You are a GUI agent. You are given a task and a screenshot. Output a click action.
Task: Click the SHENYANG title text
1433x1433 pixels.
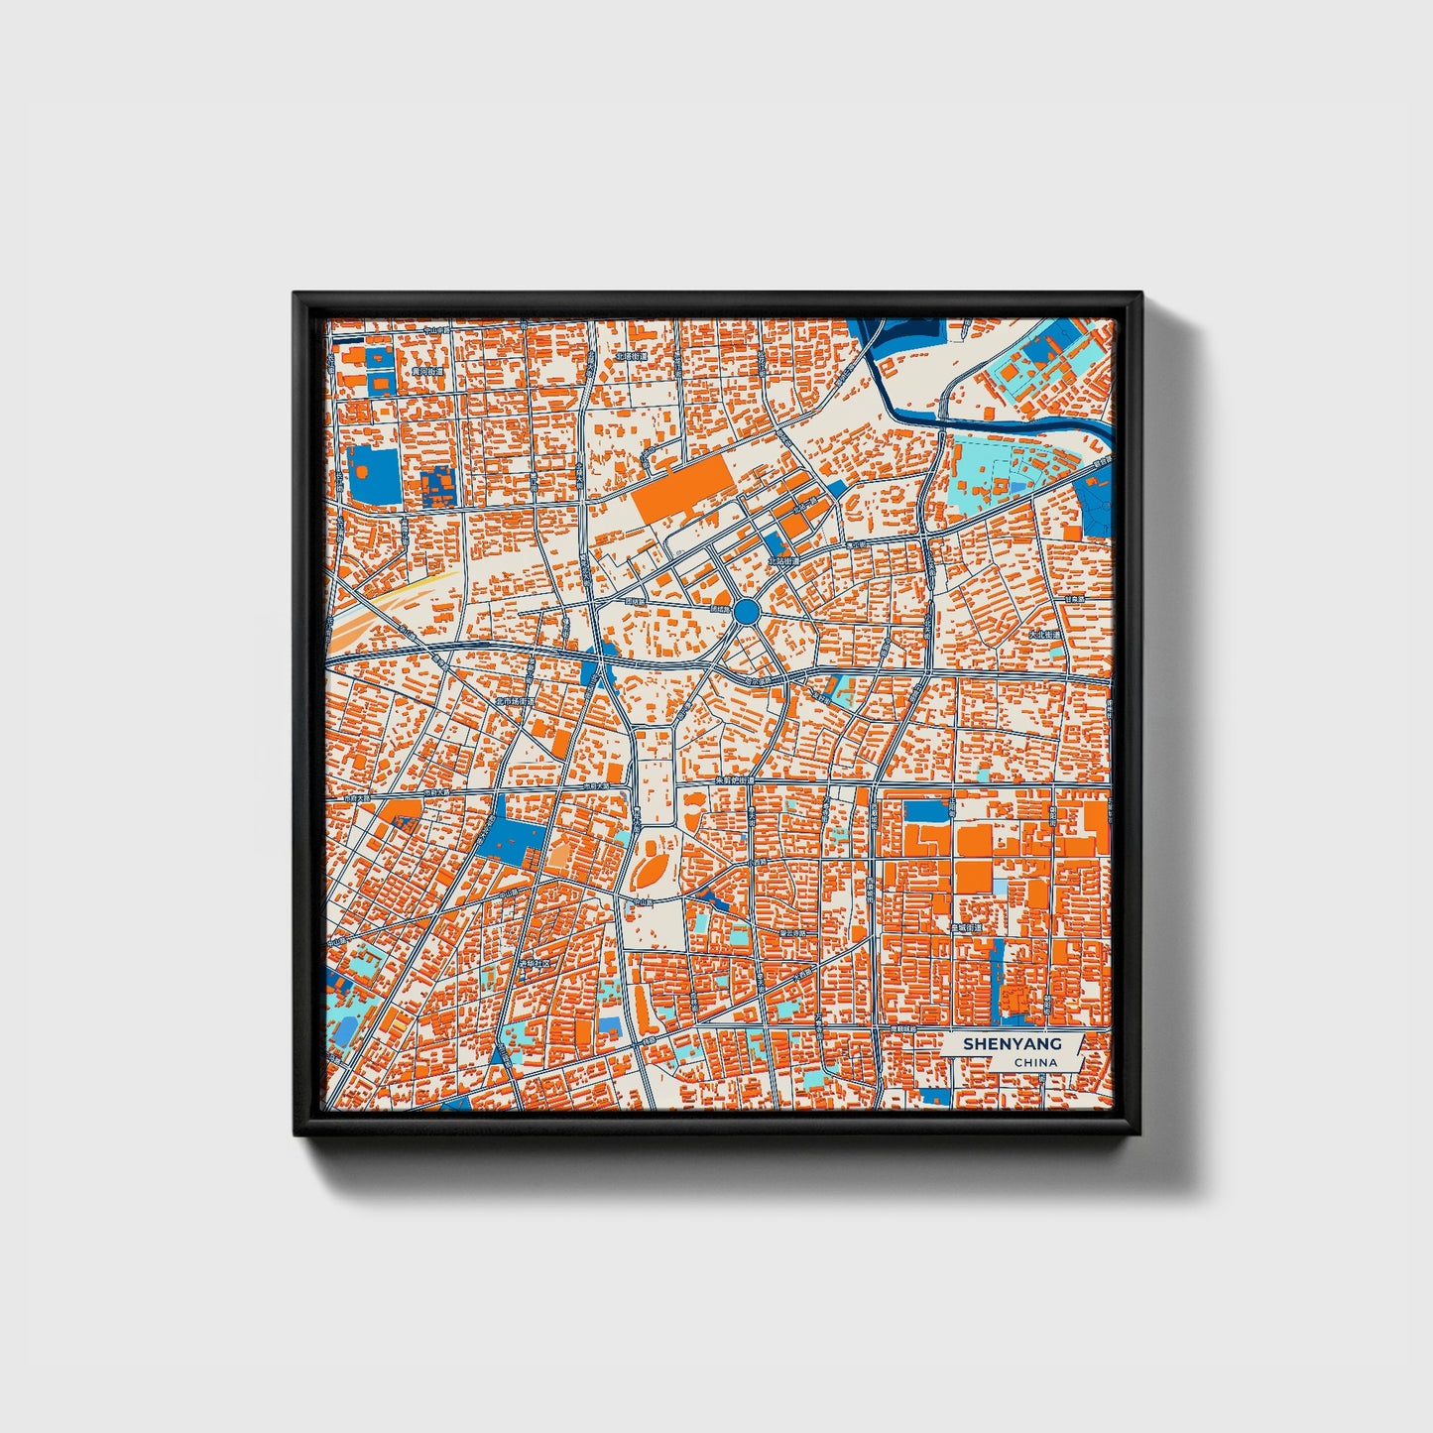point(1012,1044)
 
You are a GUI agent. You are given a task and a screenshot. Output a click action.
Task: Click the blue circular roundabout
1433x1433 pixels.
point(747,610)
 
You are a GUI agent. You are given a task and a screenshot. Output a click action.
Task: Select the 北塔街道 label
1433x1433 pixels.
point(631,356)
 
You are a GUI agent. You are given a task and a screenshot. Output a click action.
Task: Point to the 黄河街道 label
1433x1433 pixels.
point(427,371)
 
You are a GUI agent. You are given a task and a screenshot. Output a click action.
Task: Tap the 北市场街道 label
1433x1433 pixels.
point(515,701)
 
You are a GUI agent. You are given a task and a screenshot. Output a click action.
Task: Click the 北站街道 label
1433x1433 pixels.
point(783,560)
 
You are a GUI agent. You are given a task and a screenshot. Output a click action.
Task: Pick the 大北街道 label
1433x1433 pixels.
point(1044,634)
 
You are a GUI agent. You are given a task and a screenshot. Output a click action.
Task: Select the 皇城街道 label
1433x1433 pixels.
point(966,928)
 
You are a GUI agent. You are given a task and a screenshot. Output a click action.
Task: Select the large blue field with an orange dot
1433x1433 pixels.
point(375,474)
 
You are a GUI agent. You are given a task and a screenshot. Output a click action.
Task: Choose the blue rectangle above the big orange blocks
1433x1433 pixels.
point(927,811)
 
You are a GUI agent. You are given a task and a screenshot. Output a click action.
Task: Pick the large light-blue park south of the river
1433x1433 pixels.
point(987,476)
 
